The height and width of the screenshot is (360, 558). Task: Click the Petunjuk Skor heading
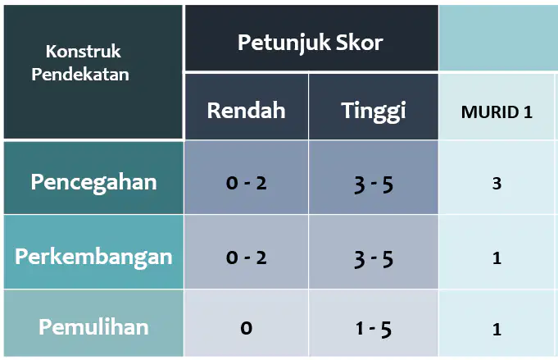click(x=310, y=43)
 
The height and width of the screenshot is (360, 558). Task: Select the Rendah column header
click(x=247, y=111)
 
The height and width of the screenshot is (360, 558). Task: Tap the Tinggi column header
click(x=374, y=112)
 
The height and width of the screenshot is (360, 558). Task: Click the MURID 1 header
click(x=497, y=112)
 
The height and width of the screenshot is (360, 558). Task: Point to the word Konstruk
click(x=84, y=52)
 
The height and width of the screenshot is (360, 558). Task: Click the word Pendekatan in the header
click(x=80, y=75)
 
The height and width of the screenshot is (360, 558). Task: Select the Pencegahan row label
click(x=93, y=183)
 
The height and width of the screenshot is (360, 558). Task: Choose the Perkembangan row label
click(x=93, y=257)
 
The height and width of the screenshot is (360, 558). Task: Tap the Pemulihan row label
click(x=93, y=327)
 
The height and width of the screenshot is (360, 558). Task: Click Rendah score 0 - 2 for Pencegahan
click(x=247, y=184)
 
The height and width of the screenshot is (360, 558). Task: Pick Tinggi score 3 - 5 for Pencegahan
click(x=374, y=185)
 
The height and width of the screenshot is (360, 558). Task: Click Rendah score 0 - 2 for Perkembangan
click(x=247, y=257)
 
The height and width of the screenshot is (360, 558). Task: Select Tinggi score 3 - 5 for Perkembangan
click(x=374, y=259)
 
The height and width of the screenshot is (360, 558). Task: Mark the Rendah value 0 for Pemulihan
click(x=247, y=328)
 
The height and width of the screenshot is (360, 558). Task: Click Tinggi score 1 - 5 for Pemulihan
click(x=374, y=330)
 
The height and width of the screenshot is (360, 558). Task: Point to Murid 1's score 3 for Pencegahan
click(x=497, y=184)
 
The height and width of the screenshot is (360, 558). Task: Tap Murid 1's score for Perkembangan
click(x=497, y=258)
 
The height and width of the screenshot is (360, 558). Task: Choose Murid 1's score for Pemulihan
click(x=497, y=330)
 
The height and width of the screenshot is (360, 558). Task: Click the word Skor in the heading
click(x=360, y=43)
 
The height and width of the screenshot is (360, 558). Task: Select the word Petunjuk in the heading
click(x=284, y=43)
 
